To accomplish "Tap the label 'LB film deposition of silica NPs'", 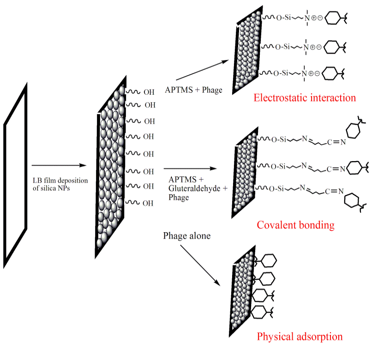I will point(54,183).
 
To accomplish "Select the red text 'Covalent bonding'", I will point(295,225).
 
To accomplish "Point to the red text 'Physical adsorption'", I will point(300,336).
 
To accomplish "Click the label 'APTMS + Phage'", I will point(193,90).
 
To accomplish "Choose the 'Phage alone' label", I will point(187,236).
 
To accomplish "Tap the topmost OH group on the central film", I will point(149,92).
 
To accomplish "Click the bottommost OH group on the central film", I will point(148,203).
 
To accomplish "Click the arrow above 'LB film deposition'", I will point(59,165).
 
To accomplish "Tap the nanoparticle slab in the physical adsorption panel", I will point(242,295).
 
